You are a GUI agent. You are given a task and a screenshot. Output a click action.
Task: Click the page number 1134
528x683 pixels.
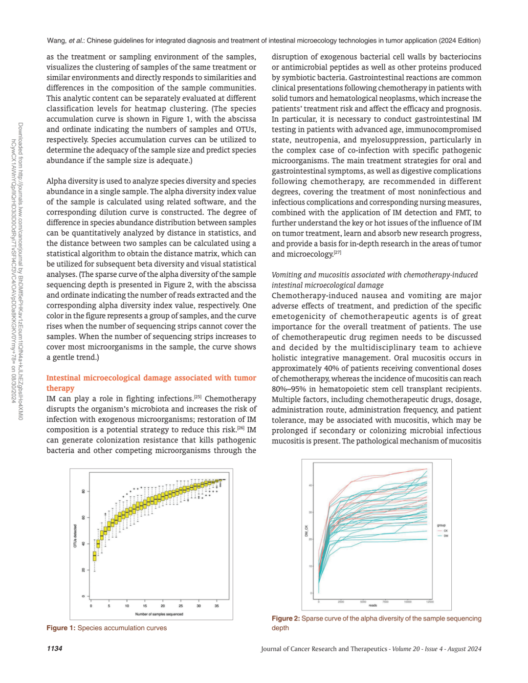pos(54,649)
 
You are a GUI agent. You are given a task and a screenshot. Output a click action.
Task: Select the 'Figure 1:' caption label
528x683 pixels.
pos(61,628)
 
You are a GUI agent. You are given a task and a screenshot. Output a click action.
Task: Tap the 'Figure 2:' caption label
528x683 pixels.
pos(286,619)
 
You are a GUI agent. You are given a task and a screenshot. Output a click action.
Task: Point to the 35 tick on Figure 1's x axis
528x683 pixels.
pos(217,606)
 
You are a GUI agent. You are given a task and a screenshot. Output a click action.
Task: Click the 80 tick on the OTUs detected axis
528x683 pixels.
pos(83,491)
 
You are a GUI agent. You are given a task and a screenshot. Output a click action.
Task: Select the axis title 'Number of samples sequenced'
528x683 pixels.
pos(159,614)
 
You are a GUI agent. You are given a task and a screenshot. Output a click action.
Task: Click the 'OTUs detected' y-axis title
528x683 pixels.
pos(75,536)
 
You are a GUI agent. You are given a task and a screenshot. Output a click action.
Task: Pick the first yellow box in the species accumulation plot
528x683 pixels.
pos(95,556)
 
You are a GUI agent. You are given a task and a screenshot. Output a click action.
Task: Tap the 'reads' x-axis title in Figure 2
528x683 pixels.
pos(373,606)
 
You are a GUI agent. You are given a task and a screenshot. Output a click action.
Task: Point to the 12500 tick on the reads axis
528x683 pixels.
pos(430,602)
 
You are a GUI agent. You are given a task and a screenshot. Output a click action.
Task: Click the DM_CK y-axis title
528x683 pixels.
pos(307,531)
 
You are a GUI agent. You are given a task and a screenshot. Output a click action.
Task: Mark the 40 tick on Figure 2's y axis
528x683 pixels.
pos(310,485)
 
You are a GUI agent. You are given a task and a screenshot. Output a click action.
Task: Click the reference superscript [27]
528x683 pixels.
pos(337,253)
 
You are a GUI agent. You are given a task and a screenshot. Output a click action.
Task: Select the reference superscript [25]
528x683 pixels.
pos(198,397)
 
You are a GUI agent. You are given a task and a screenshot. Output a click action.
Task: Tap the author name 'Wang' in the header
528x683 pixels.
pos(56,41)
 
